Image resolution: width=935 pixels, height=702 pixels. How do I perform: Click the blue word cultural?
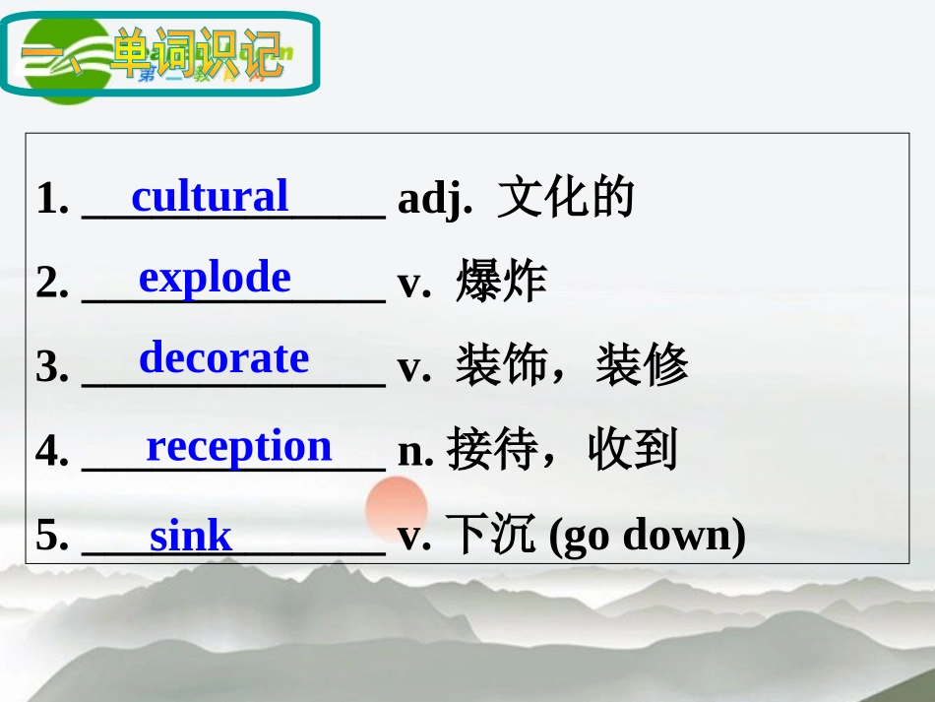[x=210, y=196]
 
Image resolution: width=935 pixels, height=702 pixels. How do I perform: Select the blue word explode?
[x=215, y=278]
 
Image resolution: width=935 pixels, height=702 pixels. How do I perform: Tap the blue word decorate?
[x=223, y=357]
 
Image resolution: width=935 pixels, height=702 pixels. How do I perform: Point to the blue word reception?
[x=239, y=446]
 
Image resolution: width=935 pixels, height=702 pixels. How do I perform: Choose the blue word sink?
[x=190, y=537]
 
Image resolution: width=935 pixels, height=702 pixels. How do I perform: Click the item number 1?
[x=51, y=200]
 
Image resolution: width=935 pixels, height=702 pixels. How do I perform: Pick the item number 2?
[x=51, y=284]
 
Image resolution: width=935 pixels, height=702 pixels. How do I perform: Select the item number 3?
[x=51, y=367]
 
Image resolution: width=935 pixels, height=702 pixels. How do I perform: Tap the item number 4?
[x=51, y=451]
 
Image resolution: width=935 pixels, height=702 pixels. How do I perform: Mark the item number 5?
[x=51, y=537]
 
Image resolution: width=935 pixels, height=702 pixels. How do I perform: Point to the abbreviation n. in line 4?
[x=415, y=451]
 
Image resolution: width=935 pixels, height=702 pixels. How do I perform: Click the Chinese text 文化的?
[x=566, y=198]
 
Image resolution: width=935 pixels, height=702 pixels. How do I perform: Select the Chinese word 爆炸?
[x=501, y=283]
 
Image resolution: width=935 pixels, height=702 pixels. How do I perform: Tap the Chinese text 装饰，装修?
[x=571, y=366]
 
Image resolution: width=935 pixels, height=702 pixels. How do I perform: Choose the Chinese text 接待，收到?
[x=562, y=450]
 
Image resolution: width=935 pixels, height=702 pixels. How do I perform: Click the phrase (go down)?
[x=647, y=537]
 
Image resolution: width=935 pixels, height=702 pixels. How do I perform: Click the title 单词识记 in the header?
[x=197, y=54]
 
